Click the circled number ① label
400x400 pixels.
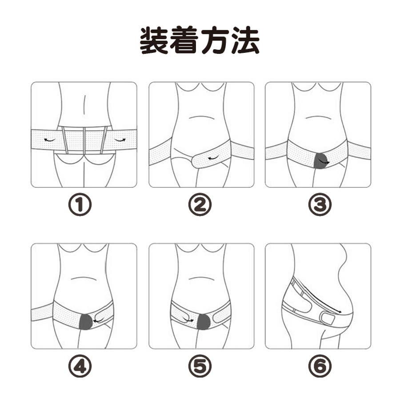coord(80,204)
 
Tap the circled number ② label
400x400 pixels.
coord(200,204)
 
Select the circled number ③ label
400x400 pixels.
coord(320,204)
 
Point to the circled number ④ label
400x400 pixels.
coord(80,366)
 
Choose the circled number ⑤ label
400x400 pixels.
coord(200,366)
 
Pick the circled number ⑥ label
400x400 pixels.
coord(320,366)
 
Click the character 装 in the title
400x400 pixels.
coord(154,40)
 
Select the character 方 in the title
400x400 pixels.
coord(215,40)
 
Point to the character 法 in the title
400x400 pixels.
coord(245,40)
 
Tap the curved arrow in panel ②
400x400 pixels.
coord(214,158)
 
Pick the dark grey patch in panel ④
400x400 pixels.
coord(87,322)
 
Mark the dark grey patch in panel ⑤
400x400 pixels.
coord(204,322)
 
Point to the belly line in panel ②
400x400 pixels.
coord(201,118)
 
